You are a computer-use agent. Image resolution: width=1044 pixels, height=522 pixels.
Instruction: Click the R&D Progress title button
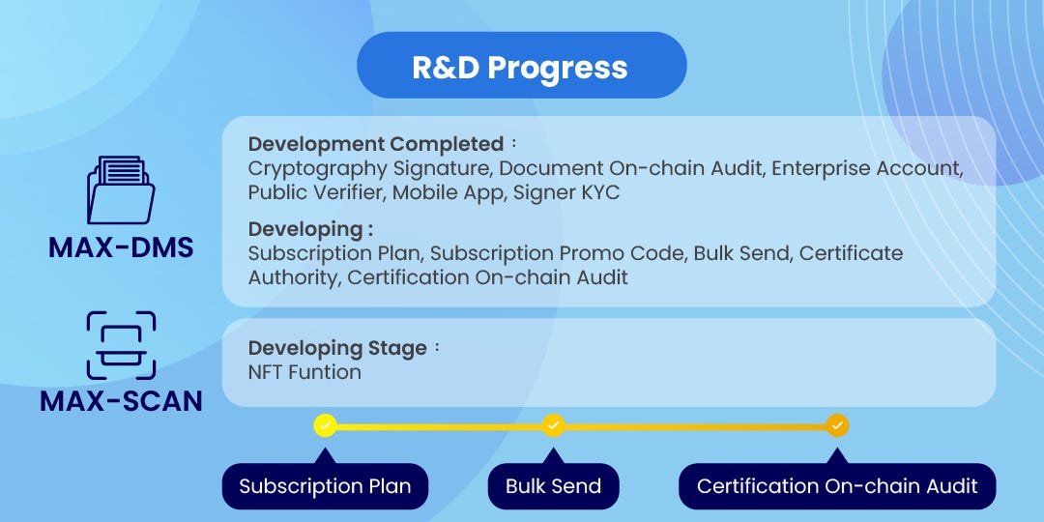pyautogui.click(x=521, y=66)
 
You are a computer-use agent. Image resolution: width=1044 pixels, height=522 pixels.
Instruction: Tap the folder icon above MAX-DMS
pyautogui.click(x=121, y=189)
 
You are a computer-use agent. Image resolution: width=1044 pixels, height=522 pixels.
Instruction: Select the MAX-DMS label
pyautogui.click(x=121, y=247)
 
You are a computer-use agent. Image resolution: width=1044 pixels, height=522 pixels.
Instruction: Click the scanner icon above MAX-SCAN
pyautogui.click(x=121, y=345)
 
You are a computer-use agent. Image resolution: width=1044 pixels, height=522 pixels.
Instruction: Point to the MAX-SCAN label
pyautogui.click(x=121, y=401)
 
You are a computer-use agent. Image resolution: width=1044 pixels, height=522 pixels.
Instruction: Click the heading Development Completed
pyautogui.click(x=375, y=144)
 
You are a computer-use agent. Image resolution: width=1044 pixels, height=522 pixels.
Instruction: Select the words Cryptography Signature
pyautogui.click(x=369, y=168)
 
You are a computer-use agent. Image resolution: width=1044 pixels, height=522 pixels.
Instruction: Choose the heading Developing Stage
pyautogui.click(x=337, y=348)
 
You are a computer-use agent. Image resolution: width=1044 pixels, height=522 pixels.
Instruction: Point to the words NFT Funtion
pyautogui.click(x=304, y=372)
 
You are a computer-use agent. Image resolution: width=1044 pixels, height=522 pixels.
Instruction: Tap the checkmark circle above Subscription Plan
pyautogui.click(x=325, y=425)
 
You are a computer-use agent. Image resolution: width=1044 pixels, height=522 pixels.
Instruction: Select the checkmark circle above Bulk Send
pyautogui.click(x=553, y=425)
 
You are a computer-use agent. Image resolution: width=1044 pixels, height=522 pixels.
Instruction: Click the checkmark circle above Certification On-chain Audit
pyautogui.click(x=837, y=425)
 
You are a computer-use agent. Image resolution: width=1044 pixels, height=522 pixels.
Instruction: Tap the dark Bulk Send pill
pyautogui.click(x=553, y=486)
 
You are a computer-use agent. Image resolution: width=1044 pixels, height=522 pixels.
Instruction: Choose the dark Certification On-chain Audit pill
pyautogui.click(x=837, y=486)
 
